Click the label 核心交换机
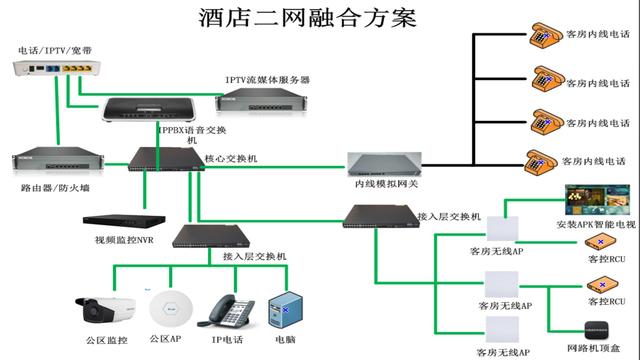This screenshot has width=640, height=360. pos(231,159)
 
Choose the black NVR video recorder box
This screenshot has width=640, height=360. pos(118,221)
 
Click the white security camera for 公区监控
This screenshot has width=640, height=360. pos(104,307)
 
